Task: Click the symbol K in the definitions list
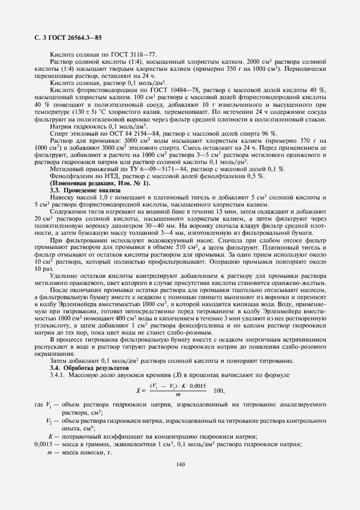50,436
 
